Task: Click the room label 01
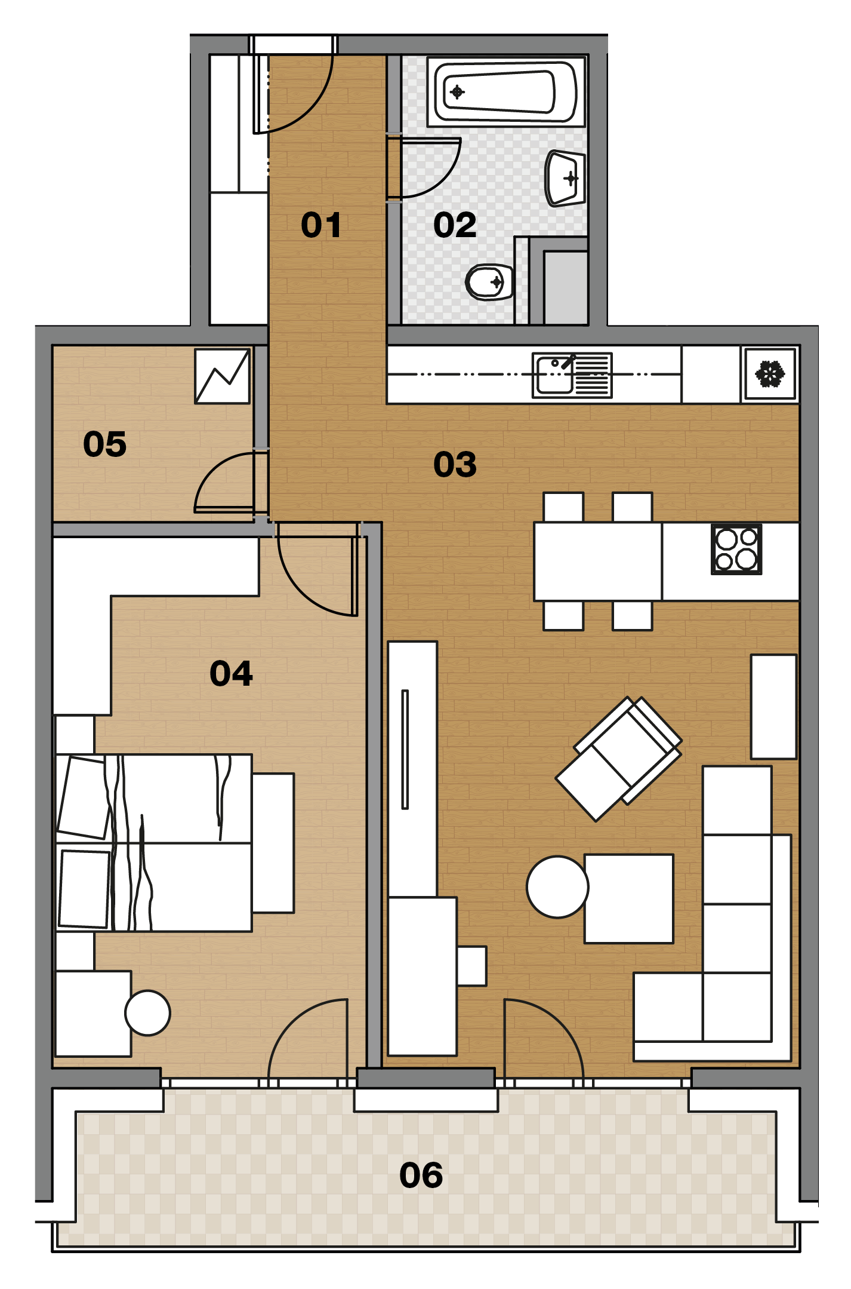(x=321, y=225)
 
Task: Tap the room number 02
(x=455, y=225)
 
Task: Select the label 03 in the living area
(x=455, y=464)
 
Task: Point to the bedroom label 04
(x=231, y=673)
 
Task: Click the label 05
(x=104, y=444)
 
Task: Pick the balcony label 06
(x=421, y=1175)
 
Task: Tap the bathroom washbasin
(x=565, y=178)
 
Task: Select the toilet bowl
(x=489, y=282)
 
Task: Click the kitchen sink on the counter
(x=572, y=375)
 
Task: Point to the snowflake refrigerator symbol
(x=770, y=375)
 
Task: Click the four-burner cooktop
(x=736, y=550)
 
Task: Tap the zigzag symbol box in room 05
(x=222, y=376)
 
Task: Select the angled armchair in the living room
(x=618, y=759)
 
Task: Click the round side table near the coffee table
(x=557, y=887)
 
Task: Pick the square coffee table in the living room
(x=629, y=899)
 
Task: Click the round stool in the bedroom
(x=147, y=1013)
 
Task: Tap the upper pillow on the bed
(x=84, y=797)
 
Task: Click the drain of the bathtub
(x=457, y=92)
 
